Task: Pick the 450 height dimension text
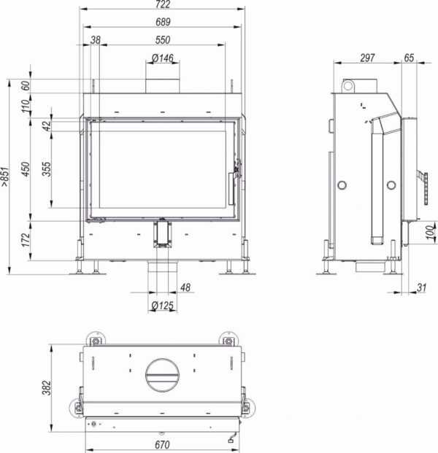tap(26, 169)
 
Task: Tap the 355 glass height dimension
tap(46, 169)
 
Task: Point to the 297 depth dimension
tap(368, 57)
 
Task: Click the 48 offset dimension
tap(185, 288)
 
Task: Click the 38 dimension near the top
tap(96, 39)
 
